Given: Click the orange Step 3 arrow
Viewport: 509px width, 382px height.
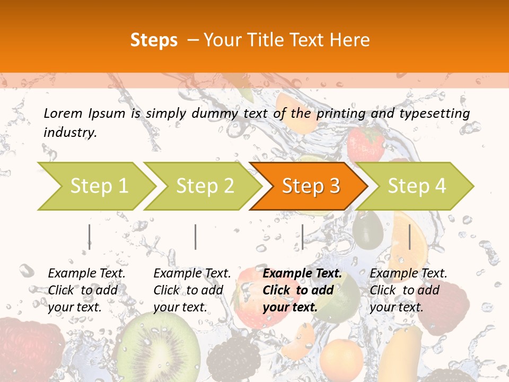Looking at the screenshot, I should coord(310,186).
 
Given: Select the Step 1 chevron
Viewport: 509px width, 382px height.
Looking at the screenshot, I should coord(98,186).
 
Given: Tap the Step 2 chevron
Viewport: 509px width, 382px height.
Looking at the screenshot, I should coord(205,186).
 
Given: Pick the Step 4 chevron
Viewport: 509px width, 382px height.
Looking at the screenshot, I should coord(417,186).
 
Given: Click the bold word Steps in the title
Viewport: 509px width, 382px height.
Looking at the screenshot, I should coord(154,40).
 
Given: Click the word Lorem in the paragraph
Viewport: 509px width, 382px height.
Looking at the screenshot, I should coord(63,113).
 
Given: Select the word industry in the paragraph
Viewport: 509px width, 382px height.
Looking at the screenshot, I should coord(70,132).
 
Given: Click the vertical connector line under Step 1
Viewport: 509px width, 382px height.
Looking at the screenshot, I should coord(90,237).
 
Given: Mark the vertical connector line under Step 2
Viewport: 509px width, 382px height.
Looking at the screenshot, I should coord(196,237).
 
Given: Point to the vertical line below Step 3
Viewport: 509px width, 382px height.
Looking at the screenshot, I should coord(302,237).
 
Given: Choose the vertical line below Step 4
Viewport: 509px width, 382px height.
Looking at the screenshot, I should coord(409,237).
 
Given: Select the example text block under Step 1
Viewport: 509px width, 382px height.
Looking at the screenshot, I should coord(86,290).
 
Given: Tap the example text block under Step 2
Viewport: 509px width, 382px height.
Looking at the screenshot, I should coord(192,290).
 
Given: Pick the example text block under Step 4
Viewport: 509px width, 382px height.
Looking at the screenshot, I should coord(408,290).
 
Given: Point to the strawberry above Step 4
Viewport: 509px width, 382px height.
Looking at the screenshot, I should coord(365,143).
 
